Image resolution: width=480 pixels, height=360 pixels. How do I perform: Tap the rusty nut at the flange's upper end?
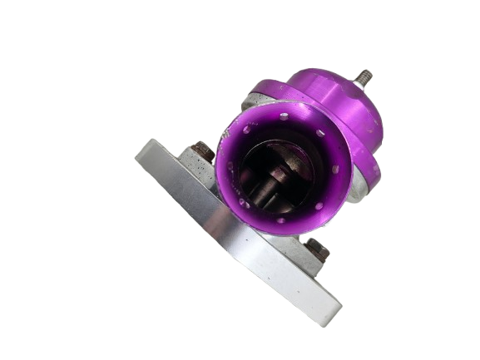[x=203, y=152]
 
